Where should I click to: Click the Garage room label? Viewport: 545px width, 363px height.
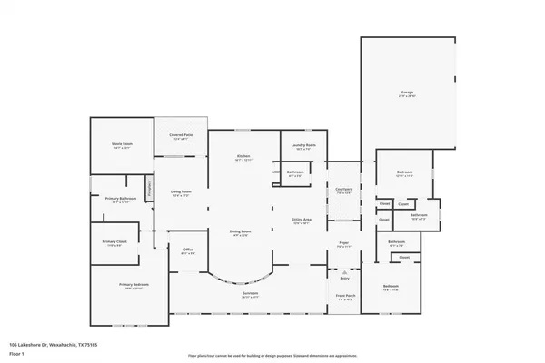408,93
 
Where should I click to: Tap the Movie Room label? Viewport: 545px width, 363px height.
124,143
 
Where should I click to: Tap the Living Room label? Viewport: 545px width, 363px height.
180,192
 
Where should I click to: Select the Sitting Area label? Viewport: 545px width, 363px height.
302,221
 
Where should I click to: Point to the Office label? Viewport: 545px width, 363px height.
189,250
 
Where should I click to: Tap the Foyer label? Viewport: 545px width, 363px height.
344,243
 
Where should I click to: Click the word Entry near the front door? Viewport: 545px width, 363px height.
344,278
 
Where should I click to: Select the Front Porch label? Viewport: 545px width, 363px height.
343,296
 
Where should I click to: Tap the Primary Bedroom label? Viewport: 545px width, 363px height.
132,285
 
